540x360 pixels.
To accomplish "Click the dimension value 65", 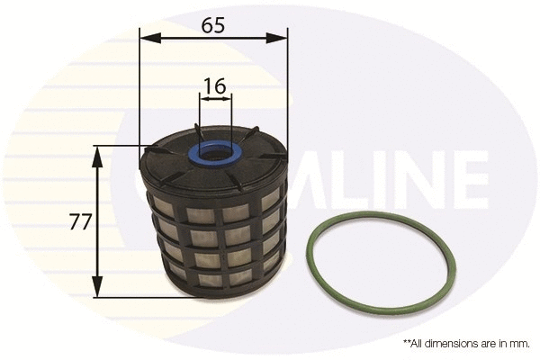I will (x=213, y=25).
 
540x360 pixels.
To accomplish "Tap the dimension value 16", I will (x=213, y=86).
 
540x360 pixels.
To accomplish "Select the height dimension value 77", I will (x=80, y=221).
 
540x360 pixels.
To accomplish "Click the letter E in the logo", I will (x=464, y=178).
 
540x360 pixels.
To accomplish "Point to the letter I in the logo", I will (x=367, y=178).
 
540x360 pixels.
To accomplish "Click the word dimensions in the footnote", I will (x=450, y=343).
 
